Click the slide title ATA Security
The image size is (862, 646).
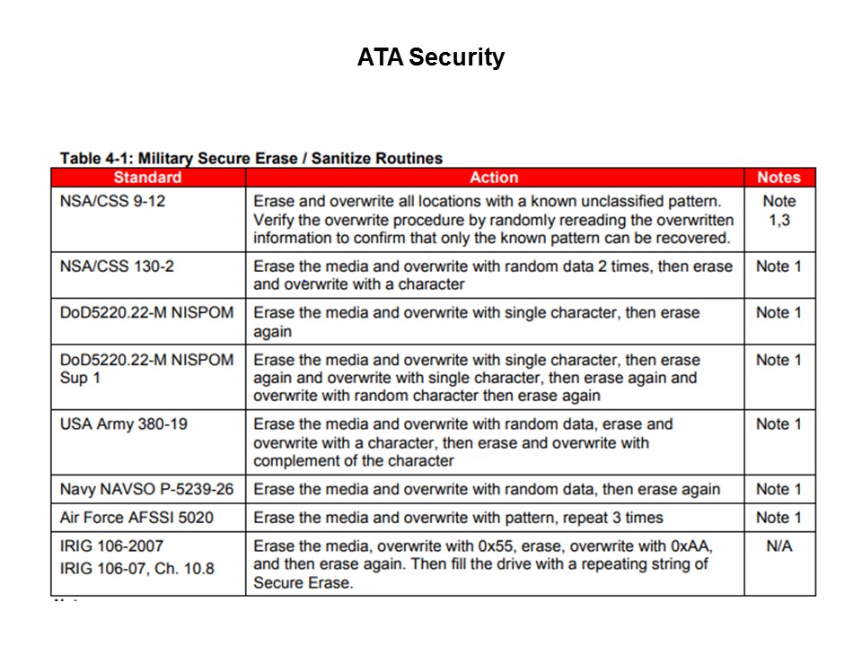pyautogui.click(x=430, y=57)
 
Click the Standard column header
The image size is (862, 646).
pyautogui.click(x=147, y=178)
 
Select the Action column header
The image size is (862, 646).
pyautogui.click(x=494, y=178)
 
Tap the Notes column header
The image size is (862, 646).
pyautogui.click(x=778, y=178)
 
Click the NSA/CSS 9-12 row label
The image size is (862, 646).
pyautogui.click(x=112, y=201)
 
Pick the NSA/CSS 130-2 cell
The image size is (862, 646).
pyautogui.click(x=116, y=266)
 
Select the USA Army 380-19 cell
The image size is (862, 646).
pyautogui.click(x=124, y=423)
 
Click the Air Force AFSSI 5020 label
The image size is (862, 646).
pyautogui.click(x=136, y=518)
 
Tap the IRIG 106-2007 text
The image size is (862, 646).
pyautogui.click(x=111, y=546)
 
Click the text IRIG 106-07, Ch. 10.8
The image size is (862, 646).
pyautogui.click(x=136, y=568)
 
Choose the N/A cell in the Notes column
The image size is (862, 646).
pyautogui.click(x=778, y=546)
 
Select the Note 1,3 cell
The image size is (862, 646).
pyautogui.click(x=778, y=210)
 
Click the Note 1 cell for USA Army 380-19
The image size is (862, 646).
pyautogui.click(x=778, y=423)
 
